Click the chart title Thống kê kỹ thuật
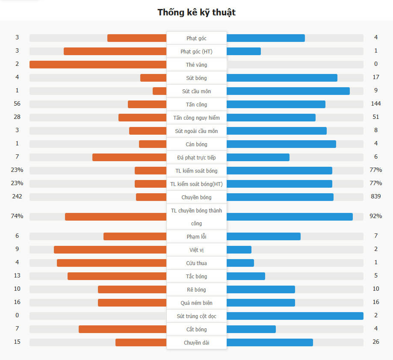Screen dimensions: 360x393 click(x=196, y=12)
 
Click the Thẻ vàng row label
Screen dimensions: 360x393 click(x=196, y=65)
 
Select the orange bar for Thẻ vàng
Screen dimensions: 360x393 click(x=98, y=65)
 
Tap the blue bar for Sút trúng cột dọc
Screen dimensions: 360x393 click(x=295, y=316)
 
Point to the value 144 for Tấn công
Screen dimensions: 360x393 click(x=376, y=104)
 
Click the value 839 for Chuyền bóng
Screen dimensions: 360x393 click(x=376, y=197)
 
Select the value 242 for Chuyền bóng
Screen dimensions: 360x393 click(x=17, y=197)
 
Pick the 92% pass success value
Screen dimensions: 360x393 click(x=375, y=216)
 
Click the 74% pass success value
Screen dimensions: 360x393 click(x=17, y=216)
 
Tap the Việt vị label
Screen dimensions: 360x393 click(x=196, y=250)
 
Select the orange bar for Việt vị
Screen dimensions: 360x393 click(x=110, y=250)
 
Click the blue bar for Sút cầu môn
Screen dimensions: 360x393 click(x=288, y=91)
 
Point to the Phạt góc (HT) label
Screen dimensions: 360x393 click(x=196, y=52)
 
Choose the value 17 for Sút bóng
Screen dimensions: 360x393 click(x=376, y=77)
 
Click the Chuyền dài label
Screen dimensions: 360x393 click(x=196, y=343)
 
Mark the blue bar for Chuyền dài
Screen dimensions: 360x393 click(x=269, y=342)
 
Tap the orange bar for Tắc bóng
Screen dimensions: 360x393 click(x=117, y=276)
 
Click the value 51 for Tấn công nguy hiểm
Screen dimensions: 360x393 click(x=376, y=117)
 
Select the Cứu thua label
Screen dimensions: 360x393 click(x=196, y=263)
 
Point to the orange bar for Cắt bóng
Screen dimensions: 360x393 click(x=122, y=329)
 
